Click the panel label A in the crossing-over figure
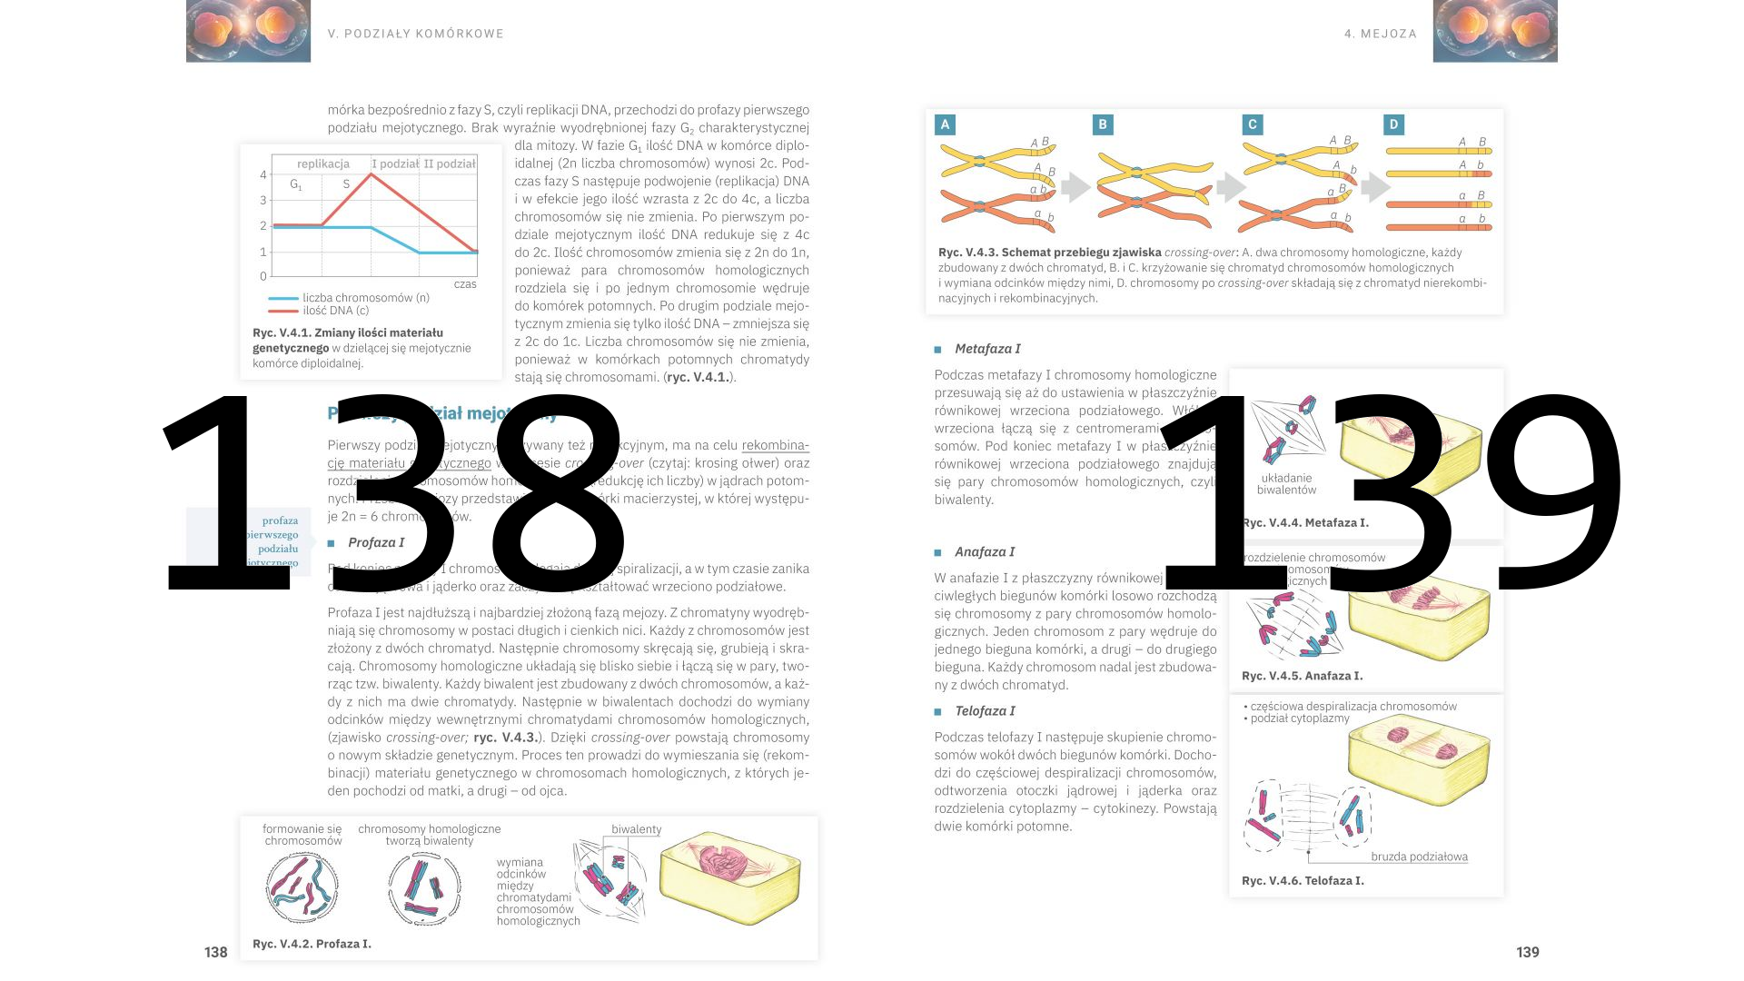(945, 124)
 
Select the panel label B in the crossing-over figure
(1102, 124)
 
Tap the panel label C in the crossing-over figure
(1253, 124)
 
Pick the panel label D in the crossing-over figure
(1393, 124)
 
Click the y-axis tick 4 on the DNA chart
(263, 174)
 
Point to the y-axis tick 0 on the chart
(263, 276)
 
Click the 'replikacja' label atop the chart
(322, 164)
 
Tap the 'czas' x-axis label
(465, 284)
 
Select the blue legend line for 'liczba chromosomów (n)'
(283, 298)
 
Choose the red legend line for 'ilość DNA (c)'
(283, 311)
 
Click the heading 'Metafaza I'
(986, 349)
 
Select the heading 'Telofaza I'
(985, 711)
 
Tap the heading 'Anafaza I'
(985, 552)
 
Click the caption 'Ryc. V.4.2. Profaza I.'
(312, 944)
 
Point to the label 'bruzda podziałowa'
(1419, 857)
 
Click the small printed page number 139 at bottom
(1528, 952)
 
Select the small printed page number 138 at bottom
(215, 952)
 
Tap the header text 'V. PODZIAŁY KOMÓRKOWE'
(415, 34)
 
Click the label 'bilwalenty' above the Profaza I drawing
(636, 829)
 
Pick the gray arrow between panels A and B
(1075, 187)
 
